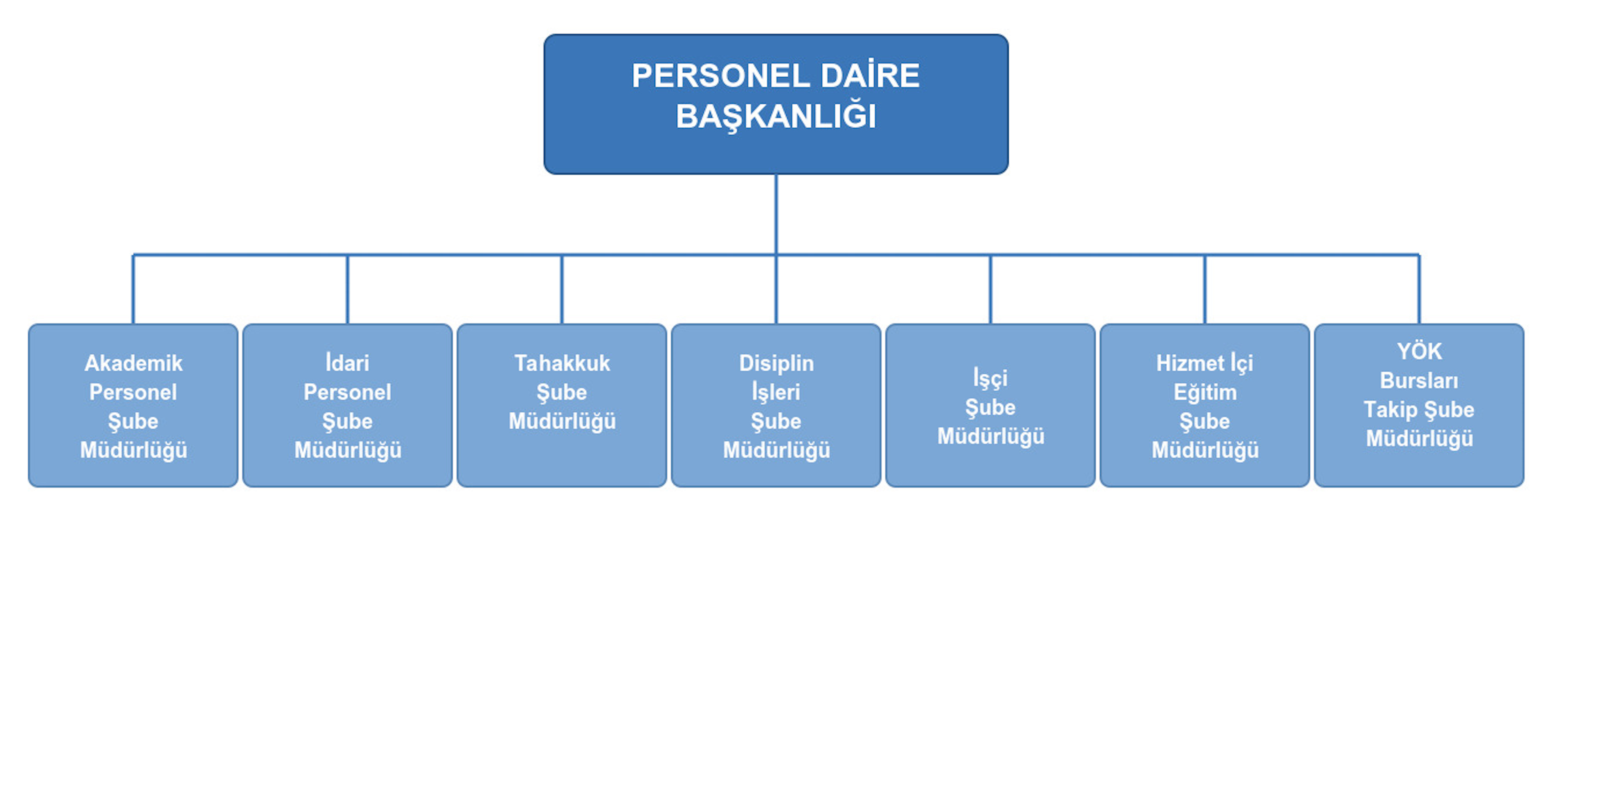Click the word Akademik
click(133, 363)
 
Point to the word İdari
click(347, 363)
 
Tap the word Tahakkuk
click(562, 363)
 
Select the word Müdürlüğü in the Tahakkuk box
click(562, 421)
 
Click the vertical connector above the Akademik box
click(133, 290)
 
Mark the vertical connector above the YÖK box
click(1419, 290)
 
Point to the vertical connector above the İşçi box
click(991, 290)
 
